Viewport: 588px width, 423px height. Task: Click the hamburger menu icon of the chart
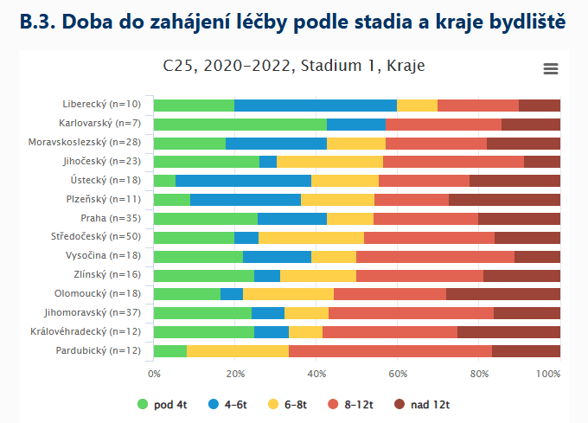point(550,69)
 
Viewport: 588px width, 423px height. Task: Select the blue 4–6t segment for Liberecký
point(316,106)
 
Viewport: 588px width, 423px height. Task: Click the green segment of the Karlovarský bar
point(240,125)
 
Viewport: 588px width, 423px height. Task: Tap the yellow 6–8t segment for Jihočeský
point(329,162)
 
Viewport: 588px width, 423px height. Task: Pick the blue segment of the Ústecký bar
point(243,181)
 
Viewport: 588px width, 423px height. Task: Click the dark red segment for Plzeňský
point(504,200)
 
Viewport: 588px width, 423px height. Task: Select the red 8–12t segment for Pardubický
point(390,351)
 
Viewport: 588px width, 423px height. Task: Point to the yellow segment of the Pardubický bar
point(238,351)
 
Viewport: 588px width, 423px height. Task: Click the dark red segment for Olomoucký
point(503,294)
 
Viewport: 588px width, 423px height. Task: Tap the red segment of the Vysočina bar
point(435,257)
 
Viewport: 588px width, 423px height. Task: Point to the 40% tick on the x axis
point(316,374)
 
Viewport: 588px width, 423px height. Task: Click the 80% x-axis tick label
point(479,374)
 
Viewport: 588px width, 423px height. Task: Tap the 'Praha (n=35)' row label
point(115,219)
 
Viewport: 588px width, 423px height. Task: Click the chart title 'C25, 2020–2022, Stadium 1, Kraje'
point(294,66)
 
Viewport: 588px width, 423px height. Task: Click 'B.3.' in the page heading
point(41,21)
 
